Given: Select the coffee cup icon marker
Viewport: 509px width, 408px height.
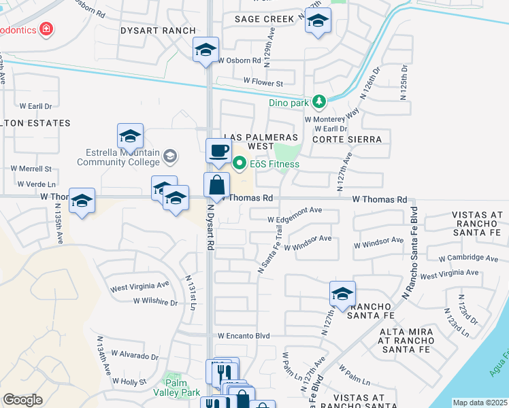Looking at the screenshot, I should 218,150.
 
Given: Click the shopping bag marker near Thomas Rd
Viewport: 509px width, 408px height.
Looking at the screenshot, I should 216,184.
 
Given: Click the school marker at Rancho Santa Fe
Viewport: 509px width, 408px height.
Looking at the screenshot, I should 342,294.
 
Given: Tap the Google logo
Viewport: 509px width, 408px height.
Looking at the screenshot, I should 22,400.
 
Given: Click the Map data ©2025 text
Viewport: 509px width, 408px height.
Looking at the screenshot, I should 480,403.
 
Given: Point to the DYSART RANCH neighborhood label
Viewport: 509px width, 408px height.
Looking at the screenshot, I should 158,31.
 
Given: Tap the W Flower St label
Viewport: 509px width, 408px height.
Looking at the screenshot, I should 263,83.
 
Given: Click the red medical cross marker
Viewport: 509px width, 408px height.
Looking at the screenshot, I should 46,30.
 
